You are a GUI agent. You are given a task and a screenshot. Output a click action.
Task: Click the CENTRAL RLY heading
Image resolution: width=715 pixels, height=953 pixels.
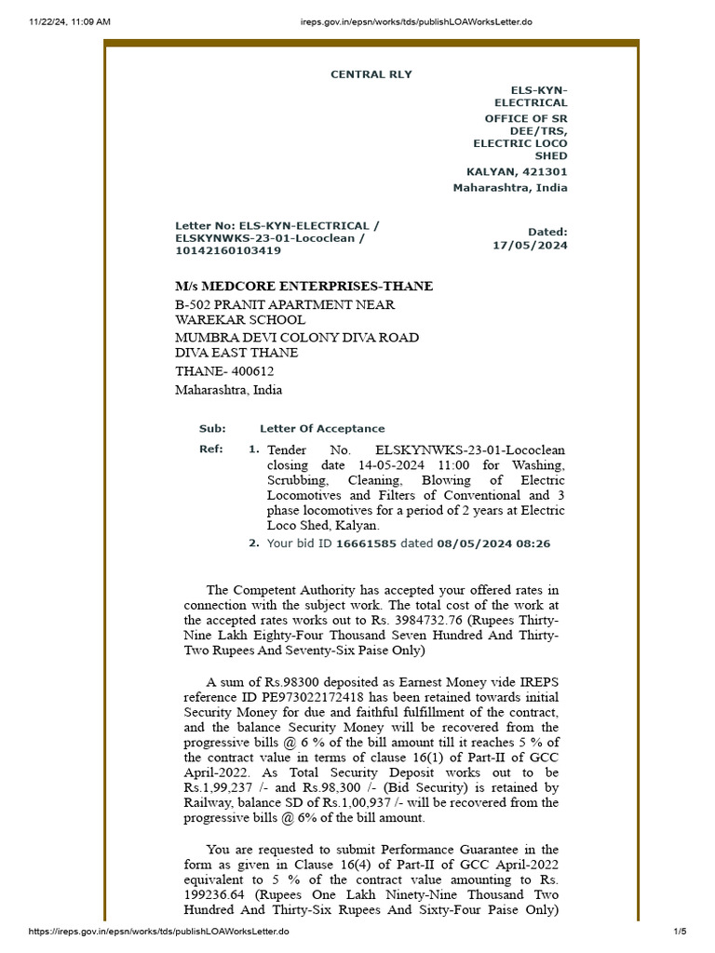(x=371, y=74)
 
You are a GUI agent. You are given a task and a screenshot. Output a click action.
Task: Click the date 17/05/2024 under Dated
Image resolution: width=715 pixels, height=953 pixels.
(x=530, y=246)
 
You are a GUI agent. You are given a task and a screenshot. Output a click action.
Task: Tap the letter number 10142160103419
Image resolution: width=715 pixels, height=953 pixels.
(x=228, y=250)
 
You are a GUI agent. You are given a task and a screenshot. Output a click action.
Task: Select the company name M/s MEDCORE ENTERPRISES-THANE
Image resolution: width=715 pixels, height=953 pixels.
(x=304, y=286)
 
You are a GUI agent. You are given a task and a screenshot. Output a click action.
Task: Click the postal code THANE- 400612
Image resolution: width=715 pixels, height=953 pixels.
(x=224, y=371)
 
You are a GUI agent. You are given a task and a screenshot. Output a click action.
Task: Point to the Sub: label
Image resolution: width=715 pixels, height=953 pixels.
(x=212, y=429)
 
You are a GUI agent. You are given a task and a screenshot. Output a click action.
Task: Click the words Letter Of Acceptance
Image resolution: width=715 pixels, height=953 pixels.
(x=321, y=429)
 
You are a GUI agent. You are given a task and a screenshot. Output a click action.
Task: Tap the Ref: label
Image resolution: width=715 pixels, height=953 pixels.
(x=211, y=450)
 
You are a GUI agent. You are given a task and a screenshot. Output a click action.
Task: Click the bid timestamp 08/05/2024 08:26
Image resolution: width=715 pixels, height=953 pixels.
(x=492, y=544)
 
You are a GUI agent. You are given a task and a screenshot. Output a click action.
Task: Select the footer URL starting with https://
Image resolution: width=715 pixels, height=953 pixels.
(x=159, y=931)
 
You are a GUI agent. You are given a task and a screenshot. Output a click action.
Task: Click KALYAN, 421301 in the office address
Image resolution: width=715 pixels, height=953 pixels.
(x=517, y=172)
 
